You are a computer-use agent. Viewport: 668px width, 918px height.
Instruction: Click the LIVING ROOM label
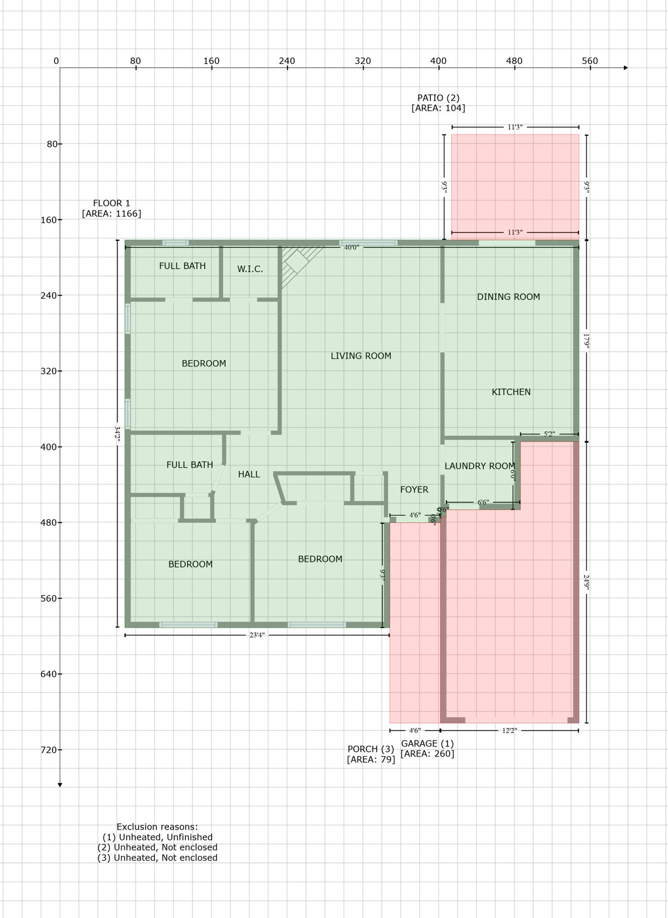pyautogui.click(x=361, y=356)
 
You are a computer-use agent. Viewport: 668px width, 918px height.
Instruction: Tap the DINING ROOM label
pyautogui.click(x=508, y=297)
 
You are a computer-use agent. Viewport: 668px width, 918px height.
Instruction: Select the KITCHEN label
pyautogui.click(x=511, y=392)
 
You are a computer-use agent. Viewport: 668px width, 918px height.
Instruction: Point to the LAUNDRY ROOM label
pyautogui.click(x=479, y=466)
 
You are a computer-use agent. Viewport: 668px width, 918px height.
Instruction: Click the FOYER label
pyautogui.click(x=414, y=490)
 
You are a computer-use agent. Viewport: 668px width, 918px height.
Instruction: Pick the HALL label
pyautogui.click(x=249, y=475)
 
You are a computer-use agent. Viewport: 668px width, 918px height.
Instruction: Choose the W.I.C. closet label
pyautogui.click(x=250, y=270)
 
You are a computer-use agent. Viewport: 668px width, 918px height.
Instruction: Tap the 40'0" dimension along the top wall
pyautogui.click(x=351, y=247)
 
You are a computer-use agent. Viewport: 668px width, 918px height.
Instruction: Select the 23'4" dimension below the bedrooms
pyautogui.click(x=257, y=635)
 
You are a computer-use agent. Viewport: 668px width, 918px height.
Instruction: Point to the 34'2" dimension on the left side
pyautogui.click(x=117, y=434)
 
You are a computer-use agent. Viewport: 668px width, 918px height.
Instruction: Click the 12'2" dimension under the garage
pyautogui.click(x=509, y=730)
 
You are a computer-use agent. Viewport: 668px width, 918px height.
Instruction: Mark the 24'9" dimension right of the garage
pyautogui.click(x=587, y=582)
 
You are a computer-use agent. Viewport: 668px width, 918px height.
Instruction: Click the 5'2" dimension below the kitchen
pyautogui.click(x=549, y=434)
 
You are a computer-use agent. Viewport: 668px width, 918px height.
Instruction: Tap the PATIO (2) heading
pyautogui.click(x=438, y=98)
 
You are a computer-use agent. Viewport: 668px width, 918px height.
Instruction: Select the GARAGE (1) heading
pyautogui.click(x=427, y=744)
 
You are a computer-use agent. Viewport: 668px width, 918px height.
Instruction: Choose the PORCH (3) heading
pyautogui.click(x=370, y=749)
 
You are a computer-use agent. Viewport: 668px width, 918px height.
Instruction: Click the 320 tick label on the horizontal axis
pyautogui.click(x=363, y=61)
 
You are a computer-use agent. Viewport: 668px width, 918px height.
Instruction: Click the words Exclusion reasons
pyautogui.click(x=157, y=827)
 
